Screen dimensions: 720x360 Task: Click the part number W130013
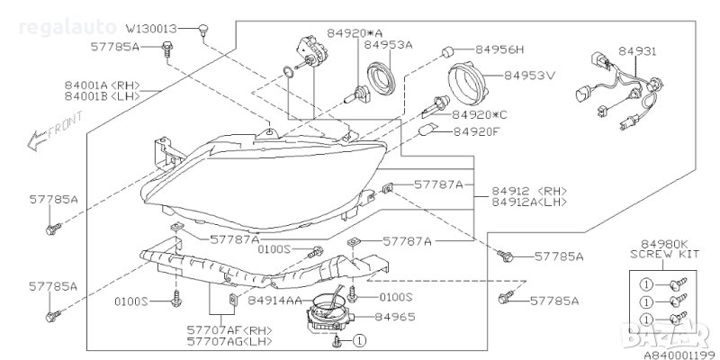coord(151,29)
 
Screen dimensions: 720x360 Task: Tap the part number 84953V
coord(529,75)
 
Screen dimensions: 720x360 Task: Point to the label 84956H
coord(499,49)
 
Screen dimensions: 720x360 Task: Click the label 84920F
coord(478,132)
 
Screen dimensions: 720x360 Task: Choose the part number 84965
coord(394,317)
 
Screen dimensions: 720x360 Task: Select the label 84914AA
coord(275,301)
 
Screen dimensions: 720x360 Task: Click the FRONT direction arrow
coord(55,130)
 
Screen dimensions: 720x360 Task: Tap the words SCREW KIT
coord(665,254)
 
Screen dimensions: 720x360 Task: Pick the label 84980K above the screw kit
coord(664,244)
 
